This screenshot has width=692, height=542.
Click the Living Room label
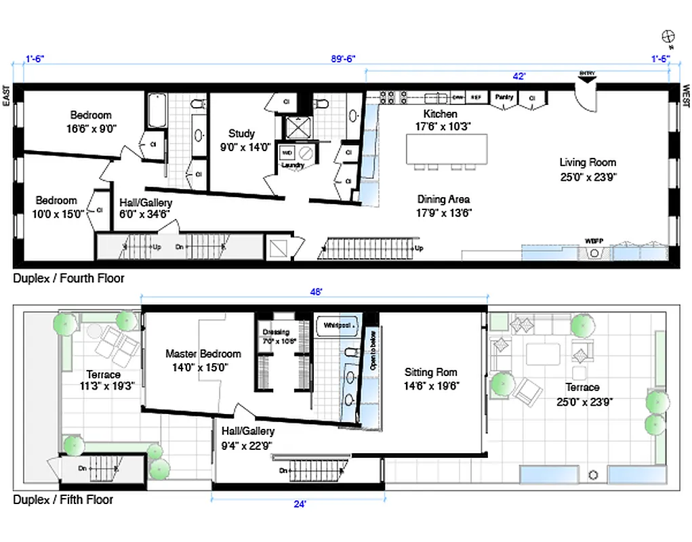pyautogui.click(x=587, y=163)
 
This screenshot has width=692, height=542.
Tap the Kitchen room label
pyautogui.click(x=441, y=114)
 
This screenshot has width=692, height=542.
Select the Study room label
pyautogui.click(x=241, y=133)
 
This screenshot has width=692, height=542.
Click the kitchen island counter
pyautogui.click(x=447, y=148)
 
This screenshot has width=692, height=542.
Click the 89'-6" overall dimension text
pyautogui.click(x=343, y=59)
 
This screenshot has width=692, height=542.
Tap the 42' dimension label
pyautogui.click(x=518, y=77)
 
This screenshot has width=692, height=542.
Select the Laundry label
pyautogui.click(x=293, y=165)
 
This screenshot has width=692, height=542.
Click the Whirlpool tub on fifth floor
pyautogui.click(x=337, y=325)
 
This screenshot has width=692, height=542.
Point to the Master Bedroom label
pyautogui.click(x=203, y=354)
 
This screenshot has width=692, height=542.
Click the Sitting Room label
pyautogui.click(x=430, y=372)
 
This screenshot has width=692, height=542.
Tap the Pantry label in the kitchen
pyautogui.click(x=504, y=98)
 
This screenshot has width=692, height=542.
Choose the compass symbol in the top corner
pyautogui.click(x=667, y=37)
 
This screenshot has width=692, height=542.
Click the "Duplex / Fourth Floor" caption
pyautogui.click(x=68, y=278)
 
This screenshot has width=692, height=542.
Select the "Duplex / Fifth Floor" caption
pyautogui.click(x=63, y=500)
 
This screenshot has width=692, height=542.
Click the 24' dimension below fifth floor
pyautogui.click(x=299, y=504)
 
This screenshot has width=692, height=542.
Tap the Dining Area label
pyautogui.click(x=444, y=199)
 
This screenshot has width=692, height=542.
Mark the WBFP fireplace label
pyautogui.click(x=594, y=241)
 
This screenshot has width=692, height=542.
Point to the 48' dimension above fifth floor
pyautogui.click(x=314, y=292)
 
